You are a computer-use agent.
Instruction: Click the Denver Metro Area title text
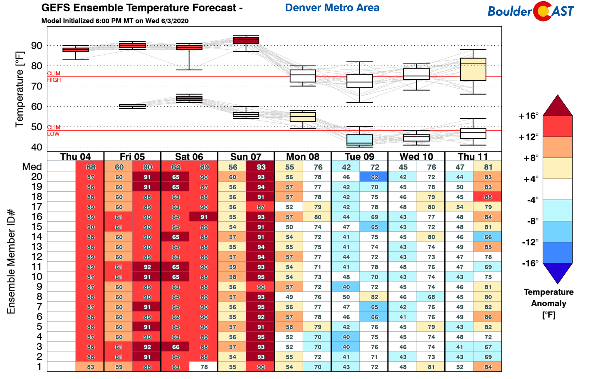332,8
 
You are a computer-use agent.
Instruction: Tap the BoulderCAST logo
531,11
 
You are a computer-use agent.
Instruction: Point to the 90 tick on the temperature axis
36,46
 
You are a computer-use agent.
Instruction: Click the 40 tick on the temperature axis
36,147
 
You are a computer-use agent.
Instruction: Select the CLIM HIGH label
54,76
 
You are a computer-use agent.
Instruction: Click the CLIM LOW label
53,131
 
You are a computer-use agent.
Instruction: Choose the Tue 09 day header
359,157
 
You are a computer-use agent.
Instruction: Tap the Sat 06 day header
189,157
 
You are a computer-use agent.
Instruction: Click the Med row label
32,167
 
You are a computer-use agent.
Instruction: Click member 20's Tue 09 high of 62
374,177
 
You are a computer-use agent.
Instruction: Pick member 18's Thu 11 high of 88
488,197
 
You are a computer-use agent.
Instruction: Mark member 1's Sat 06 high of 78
204,367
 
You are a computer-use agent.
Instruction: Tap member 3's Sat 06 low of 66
176,347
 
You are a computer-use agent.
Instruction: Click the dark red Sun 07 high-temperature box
246,40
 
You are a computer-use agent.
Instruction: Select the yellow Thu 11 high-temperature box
473,69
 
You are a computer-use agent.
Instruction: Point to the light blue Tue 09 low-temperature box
359,140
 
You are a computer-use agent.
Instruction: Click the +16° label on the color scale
528,116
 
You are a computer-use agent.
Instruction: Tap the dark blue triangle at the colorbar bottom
557,272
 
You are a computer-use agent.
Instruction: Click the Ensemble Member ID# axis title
11,261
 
